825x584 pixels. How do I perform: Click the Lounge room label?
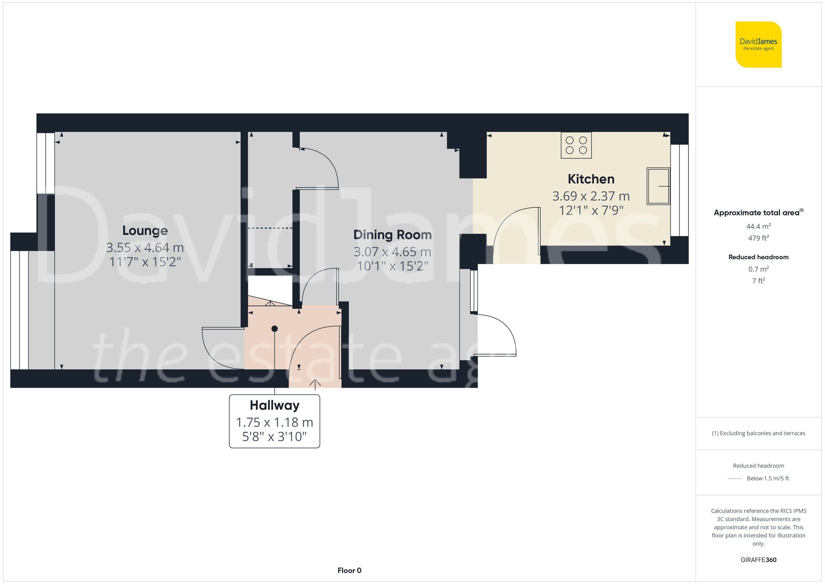(x=145, y=231)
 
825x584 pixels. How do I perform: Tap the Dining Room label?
(x=392, y=235)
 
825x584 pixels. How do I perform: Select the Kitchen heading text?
(x=591, y=179)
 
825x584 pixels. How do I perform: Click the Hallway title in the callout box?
(x=274, y=405)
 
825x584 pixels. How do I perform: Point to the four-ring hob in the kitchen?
(x=576, y=145)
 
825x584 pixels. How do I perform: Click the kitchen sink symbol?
(x=658, y=186)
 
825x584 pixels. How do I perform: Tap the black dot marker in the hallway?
(x=274, y=329)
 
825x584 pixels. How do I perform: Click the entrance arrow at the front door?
(x=315, y=384)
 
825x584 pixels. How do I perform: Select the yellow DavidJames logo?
(x=758, y=45)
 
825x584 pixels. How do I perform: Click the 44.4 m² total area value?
(x=758, y=226)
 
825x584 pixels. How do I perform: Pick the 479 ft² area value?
(x=758, y=238)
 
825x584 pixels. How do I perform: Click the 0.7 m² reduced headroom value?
(x=758, y=269)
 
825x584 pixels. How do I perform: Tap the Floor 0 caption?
(x=349, y=570)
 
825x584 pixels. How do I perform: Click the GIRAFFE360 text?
(x=758, y=560)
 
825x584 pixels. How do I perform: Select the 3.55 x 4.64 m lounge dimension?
(x=145, y=248)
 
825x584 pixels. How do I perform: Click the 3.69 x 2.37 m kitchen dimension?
(x=591, y=196)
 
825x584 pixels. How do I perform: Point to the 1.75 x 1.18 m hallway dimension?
(x=274, y=423)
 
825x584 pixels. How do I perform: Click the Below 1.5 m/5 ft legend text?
(x=767, y=478)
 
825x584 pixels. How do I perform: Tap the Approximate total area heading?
(x=757, y=213)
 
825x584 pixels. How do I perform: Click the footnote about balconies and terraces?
(x=758, y=433)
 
